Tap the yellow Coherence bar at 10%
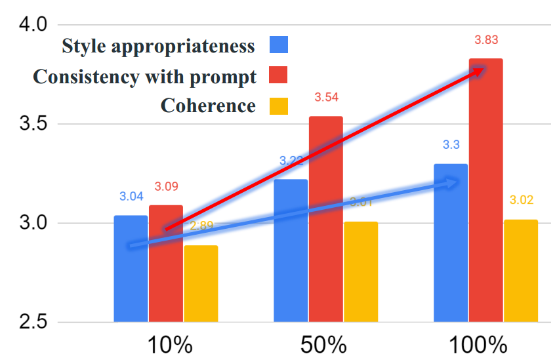click(200, 285)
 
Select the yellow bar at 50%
click(360, 272)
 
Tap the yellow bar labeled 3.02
click(520, 270)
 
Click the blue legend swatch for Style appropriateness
click(279, 46)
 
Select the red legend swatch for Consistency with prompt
click(279, 76)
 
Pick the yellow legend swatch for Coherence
click(279, 106)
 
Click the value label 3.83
click(486, 40)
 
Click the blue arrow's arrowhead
click(453, 183)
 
